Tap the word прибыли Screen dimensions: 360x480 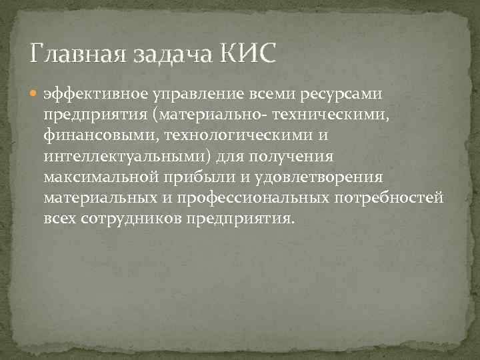[x=200, y=178]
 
